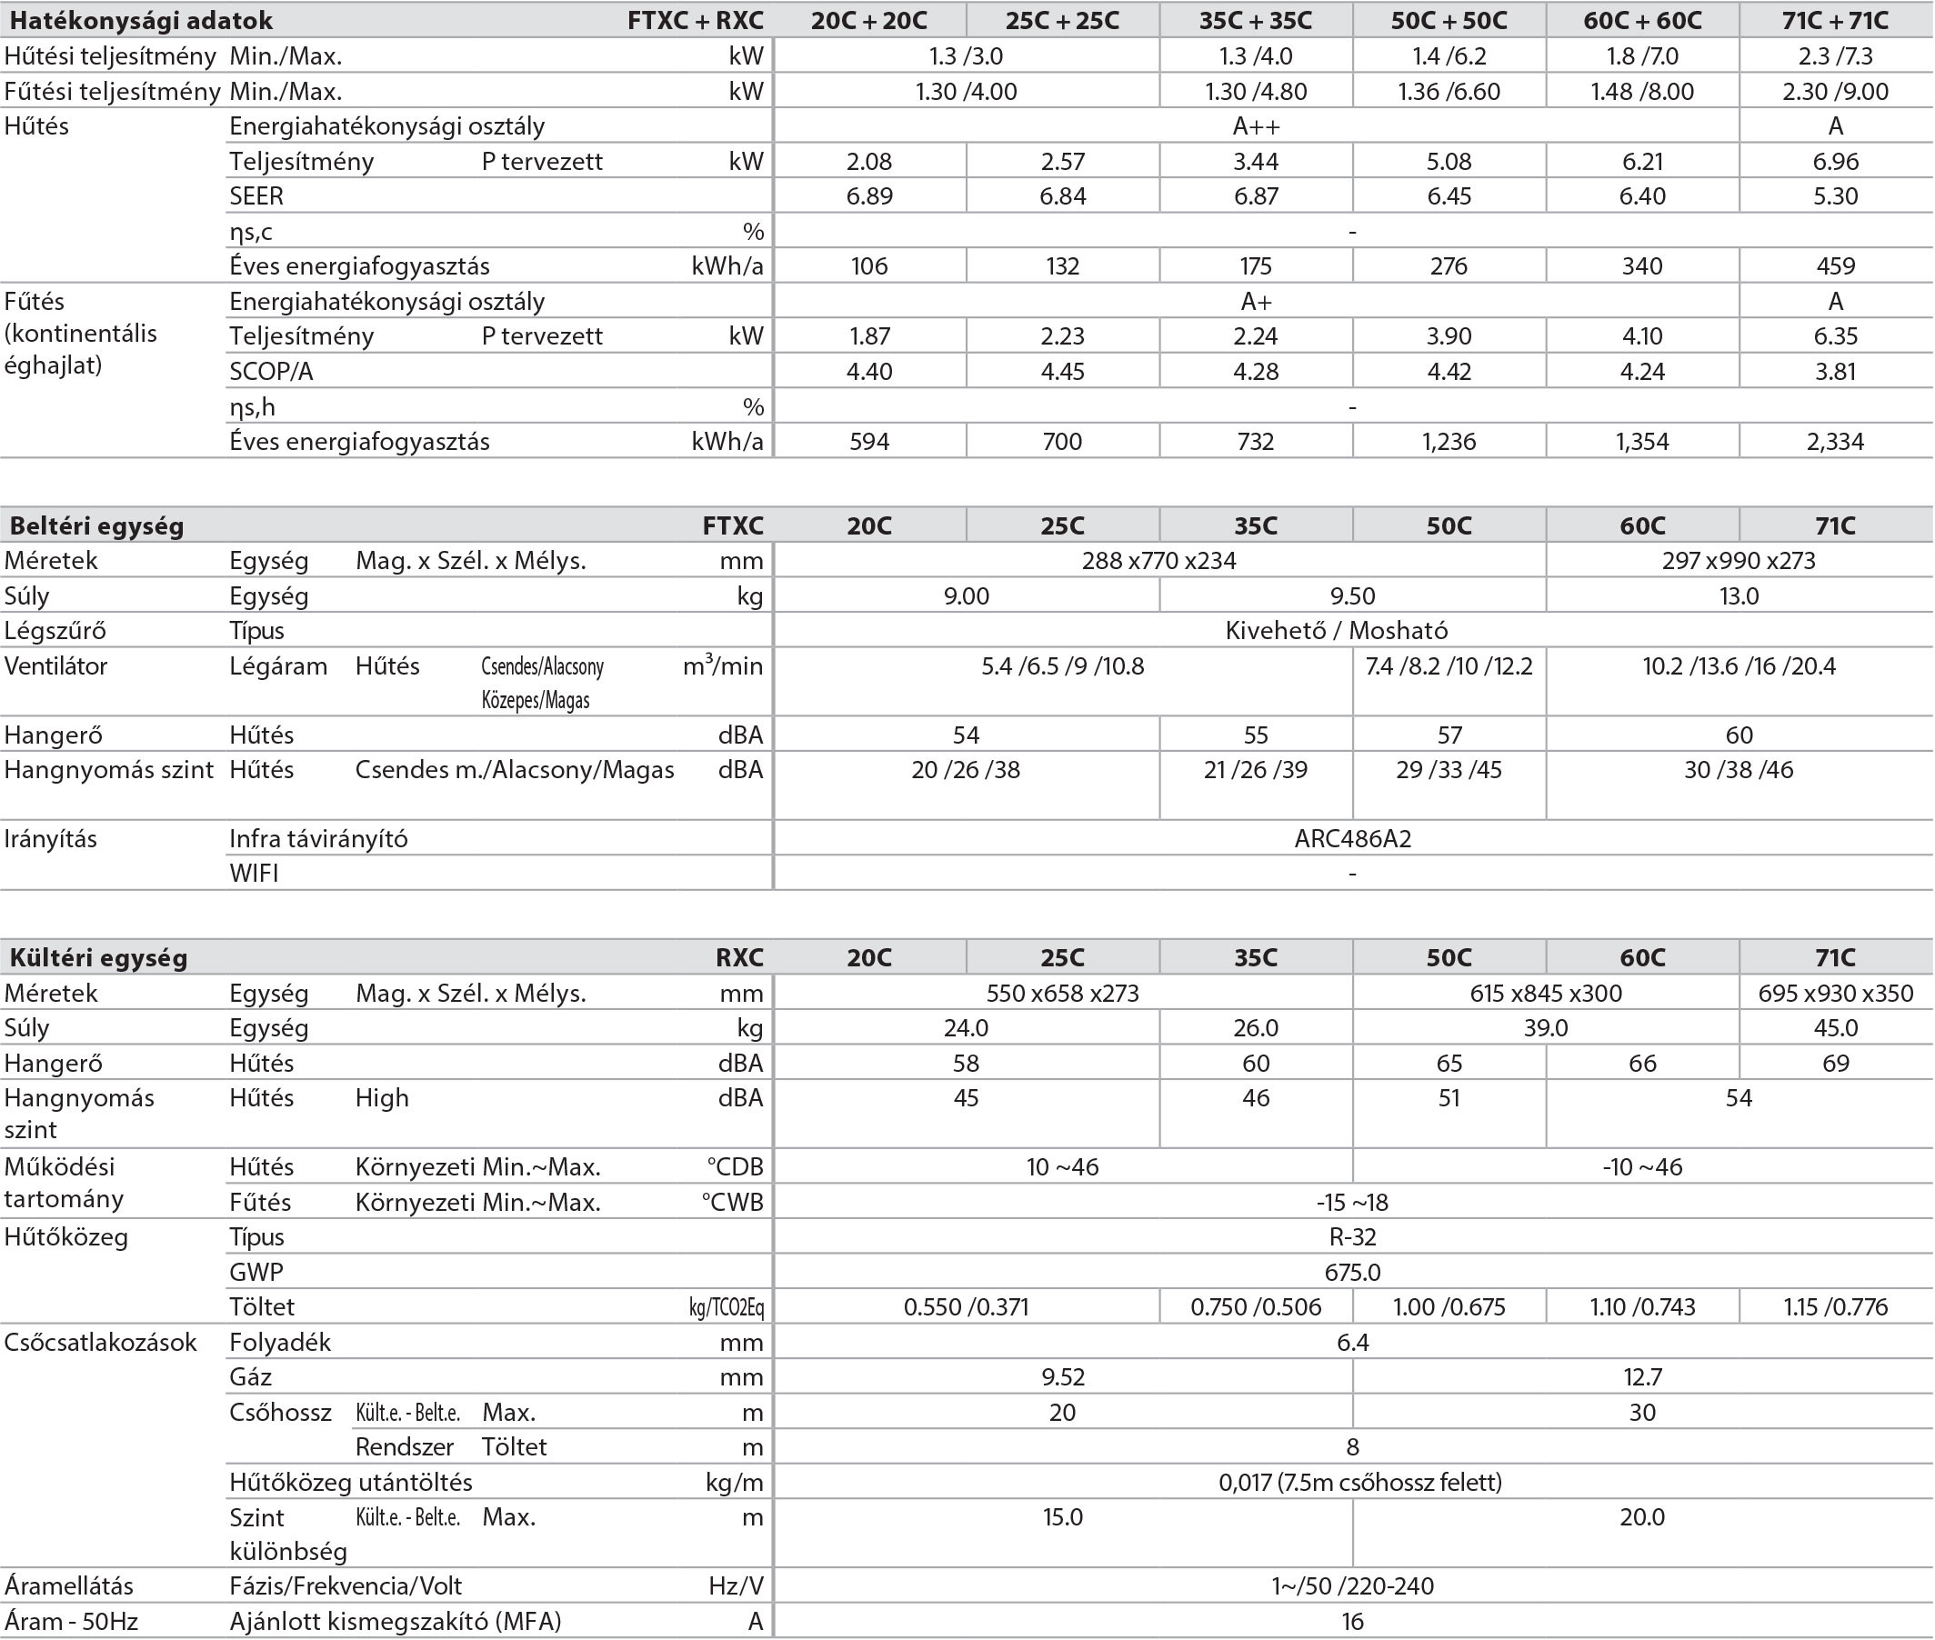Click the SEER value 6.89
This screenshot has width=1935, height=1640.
click(868, 196)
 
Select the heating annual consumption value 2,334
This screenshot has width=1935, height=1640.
click(1835, 442)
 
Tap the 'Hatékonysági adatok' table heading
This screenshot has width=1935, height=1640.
click(141, 20)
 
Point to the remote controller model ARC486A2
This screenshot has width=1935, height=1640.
click(1352, 838)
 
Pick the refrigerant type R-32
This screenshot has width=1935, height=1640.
click(1352, 1237)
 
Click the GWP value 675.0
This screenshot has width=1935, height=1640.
click(1352, 1272)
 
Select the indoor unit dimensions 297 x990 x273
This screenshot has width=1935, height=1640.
click(1738, 561)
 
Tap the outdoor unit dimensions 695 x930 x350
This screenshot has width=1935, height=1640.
click(1835, 993)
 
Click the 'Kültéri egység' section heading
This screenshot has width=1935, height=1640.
click(98, 957)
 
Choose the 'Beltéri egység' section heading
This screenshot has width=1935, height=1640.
click(96, 526)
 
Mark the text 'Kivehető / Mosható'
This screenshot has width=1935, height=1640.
click(1336, 630)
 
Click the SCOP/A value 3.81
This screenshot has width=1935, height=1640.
click(1835, 372)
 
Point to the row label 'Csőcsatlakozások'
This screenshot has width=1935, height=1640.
click(100, 1343)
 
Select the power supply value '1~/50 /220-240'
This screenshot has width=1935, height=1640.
click(1352, 1586)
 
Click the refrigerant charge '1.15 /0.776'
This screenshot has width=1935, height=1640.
click(1835, 1307)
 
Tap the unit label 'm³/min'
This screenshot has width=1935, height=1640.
click(723, 665)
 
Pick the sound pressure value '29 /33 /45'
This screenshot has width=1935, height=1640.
click(1449, 770)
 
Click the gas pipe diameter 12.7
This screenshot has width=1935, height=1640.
click(1642, 1377)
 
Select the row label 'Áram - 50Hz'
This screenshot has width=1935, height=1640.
click(71, 1622)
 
